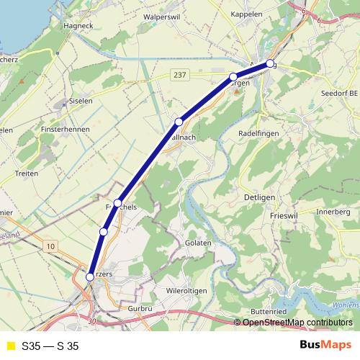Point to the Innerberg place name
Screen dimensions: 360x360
coord(333,212)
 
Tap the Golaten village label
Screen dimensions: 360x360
coord(198,243)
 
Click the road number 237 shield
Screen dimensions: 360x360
coord(181,74)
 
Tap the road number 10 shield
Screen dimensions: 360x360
coord(50,247)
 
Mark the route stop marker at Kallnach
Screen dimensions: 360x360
coord(179,121)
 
